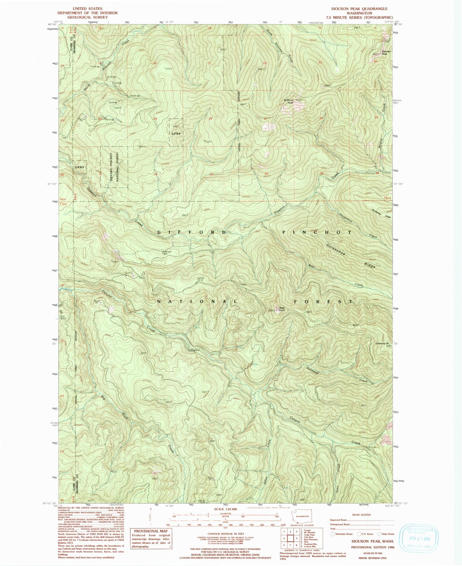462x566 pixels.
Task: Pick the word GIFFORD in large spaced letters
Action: pyautogui.click(x=192, y=232)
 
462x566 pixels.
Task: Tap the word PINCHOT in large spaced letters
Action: pyautogui.click(x=317, y=232)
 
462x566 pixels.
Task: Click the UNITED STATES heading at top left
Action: pyautogui.click(x=87, y=9)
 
